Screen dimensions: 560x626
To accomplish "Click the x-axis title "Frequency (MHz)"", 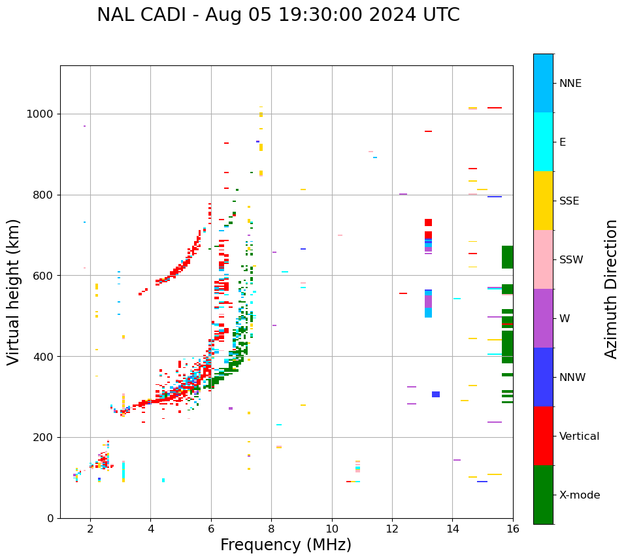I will pyautogui.click(x=286, y=545).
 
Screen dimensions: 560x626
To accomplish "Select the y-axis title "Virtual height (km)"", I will pyautogui.click(x=14, y=291).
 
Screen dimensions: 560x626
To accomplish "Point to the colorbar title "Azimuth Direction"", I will pyautogui.click(x=611, y=289).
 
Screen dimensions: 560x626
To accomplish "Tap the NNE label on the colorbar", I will pyautogui.click(x=570, y=84).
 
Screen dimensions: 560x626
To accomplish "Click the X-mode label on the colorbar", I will pyautogui.click(x=580, y=495).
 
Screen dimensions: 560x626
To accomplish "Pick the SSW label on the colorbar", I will pyautogui.click(x=571, y=260).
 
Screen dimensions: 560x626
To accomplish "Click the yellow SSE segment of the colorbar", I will pyautogui.click(x=543, y=201).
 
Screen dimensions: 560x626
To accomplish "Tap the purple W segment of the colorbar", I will pyautogui.click(x=543, y=318).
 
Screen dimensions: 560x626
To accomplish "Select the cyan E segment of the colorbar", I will pyautogui.click(x=543, y=142).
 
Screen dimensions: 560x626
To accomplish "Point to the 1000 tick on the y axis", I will pyautogui.click(x=42, y=114).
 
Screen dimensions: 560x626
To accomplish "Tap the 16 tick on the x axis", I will pyautogui.click(x=513, y=529).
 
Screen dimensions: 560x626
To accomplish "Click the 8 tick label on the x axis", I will pyautogui.click(x=271, y=529).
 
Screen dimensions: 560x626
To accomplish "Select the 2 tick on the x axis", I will pyautogui.click(x=90, y=529).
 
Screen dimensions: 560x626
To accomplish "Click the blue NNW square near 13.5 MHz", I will pyautogui.click(x=436, y=394).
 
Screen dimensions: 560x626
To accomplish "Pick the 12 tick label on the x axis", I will pyautogui.click(x=392, y=529).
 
